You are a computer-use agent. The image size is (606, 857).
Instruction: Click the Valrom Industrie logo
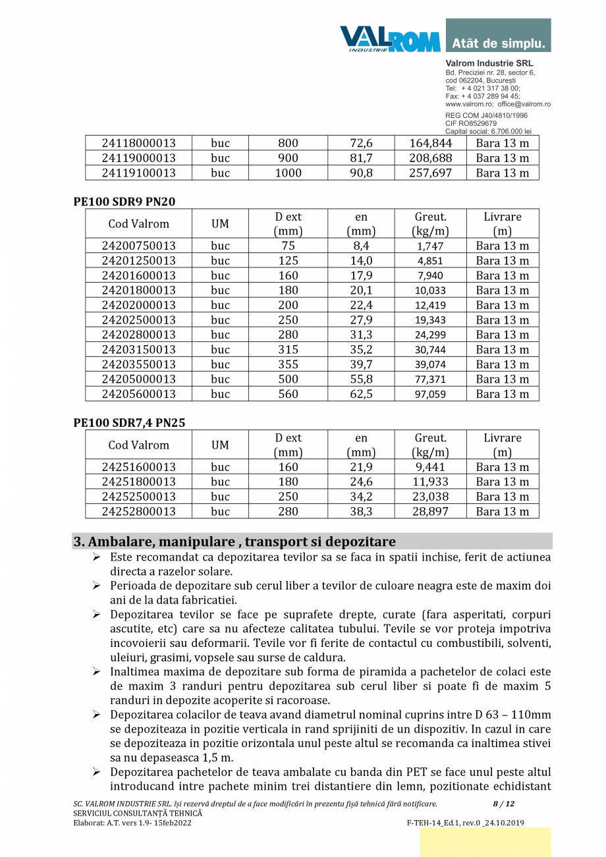pos(390,38)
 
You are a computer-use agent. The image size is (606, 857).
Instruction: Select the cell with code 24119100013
pos(138,173)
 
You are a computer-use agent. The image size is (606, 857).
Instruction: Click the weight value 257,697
pos(430,173)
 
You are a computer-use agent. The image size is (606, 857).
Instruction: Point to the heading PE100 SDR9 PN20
pos(124,202)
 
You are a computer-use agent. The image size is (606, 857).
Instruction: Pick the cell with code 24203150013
pos(138,349)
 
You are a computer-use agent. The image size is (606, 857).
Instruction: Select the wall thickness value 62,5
pos(361,394)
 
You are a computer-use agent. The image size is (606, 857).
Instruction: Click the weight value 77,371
pos(430,379)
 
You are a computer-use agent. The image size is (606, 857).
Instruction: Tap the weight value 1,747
pos(430,246)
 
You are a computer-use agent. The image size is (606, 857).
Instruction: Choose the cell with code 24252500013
pos(138,497)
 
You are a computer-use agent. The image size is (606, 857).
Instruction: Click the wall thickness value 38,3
pos(361,511)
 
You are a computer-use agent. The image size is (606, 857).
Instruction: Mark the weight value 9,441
pos(430,467)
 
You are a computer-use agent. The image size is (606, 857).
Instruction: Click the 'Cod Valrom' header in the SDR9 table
pos(138,224)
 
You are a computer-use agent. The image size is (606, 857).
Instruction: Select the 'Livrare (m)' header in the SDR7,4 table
pos(502,445)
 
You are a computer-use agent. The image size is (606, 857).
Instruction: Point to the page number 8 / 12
pos(503,804)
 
